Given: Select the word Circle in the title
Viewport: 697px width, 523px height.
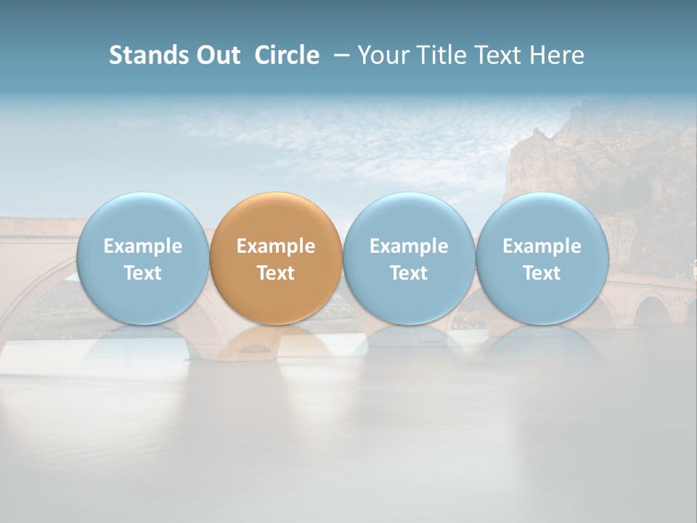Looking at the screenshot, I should click(287, 55).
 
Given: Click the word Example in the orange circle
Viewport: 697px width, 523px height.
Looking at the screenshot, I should click(276, 246).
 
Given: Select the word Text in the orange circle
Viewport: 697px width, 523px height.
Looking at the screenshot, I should click(276, 273).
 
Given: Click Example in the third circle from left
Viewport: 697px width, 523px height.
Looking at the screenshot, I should click(409, 246).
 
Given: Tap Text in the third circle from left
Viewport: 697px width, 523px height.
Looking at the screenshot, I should click(409, 273).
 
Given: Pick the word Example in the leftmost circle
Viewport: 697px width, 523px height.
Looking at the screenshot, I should click(142, 246).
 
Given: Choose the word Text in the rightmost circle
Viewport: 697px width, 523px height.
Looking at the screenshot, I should click(542, 273).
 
